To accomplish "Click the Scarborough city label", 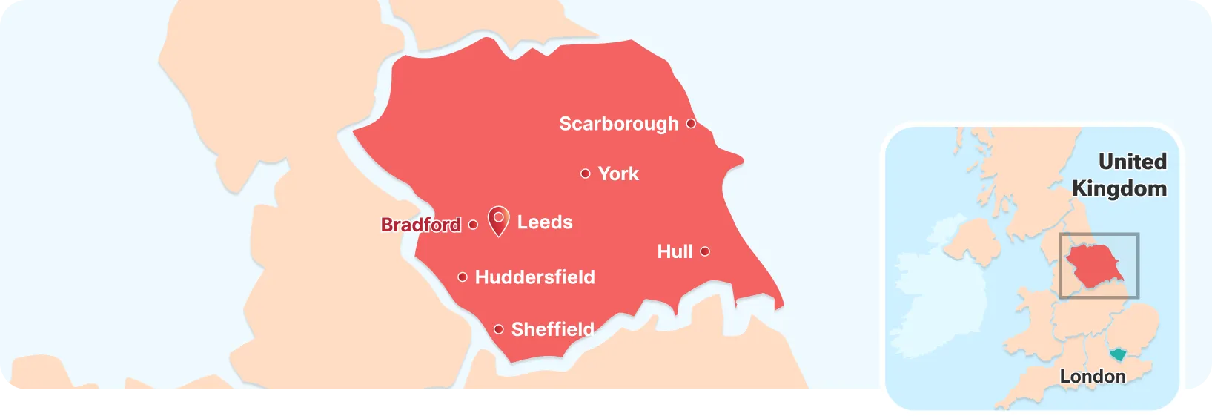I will (618, 124).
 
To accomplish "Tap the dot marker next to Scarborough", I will (691, 124).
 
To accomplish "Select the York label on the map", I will (618, 174).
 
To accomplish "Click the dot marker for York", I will (585, 174).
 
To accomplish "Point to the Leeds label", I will (545, 222).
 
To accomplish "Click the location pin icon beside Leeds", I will (499, 220).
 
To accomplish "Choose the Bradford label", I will (420, 225).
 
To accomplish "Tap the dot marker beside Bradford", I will (474, 225).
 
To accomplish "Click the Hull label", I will (675, 252).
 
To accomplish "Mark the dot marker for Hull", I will (705, 251).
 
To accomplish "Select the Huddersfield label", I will (534, 277).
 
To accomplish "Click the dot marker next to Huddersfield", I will (463, 277).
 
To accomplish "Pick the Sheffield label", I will (552, 329).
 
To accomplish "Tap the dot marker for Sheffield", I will (499, 329).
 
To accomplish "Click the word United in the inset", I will (1132, 162).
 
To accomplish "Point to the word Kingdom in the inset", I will (1119, 188).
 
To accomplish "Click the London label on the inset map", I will (1093, 377).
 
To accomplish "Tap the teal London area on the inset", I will (1117, 354).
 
